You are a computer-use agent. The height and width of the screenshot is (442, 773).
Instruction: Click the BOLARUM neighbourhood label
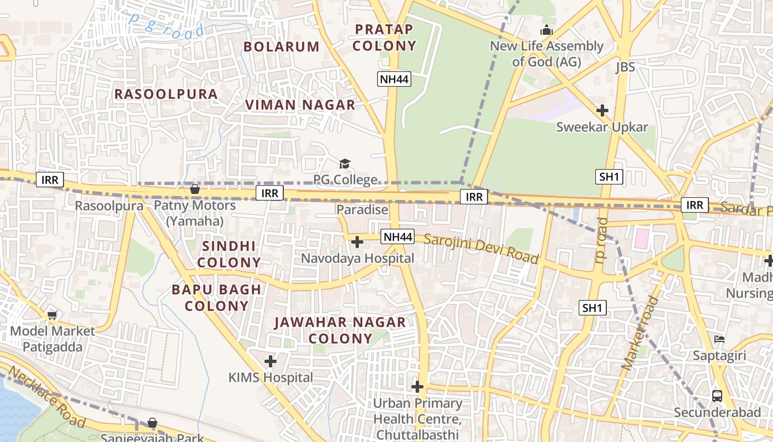tap(282, 46)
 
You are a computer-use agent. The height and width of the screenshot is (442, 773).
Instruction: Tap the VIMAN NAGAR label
tap(300, 104)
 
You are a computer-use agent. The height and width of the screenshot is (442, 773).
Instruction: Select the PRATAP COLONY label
tap(384, 38)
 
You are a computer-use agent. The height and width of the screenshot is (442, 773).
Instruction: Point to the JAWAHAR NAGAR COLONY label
tap(340, 330)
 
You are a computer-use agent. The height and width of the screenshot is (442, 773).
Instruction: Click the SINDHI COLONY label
tap(229, 254)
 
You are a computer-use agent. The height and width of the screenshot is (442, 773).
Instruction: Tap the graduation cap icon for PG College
tap(345, 164)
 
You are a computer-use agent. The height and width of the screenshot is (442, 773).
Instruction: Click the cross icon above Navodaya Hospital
tap(357, 241)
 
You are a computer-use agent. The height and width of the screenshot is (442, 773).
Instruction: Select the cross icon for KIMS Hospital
tap(270, 361)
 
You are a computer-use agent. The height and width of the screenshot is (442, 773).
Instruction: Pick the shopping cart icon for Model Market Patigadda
tap(52, 315)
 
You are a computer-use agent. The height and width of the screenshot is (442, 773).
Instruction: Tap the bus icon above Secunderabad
tap(717, 396)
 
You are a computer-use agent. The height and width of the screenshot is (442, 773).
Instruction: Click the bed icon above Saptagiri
tap(719, 339)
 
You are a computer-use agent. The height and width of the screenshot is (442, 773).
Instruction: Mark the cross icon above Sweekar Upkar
tap(602, 110)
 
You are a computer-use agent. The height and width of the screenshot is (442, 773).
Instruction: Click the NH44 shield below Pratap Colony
tap(395, 79)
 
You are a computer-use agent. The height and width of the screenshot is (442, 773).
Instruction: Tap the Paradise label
tap(362, 209)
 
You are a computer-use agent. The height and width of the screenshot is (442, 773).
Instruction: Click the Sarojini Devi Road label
tap(481, 249)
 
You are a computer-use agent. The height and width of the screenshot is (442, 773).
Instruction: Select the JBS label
tap(625, 67)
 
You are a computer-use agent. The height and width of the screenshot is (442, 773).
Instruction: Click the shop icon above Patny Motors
tap(194, 190)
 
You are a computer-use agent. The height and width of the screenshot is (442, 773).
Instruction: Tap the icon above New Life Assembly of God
tap(547, 30)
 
